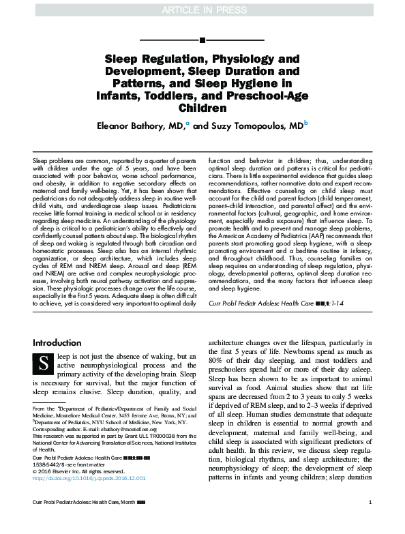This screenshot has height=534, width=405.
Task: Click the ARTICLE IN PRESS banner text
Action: click(202, 8)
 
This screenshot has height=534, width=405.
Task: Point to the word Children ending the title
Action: click(202, 108)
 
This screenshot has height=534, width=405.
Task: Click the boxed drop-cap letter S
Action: click(44, 364)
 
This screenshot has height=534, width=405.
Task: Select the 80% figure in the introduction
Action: click(218, 380)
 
